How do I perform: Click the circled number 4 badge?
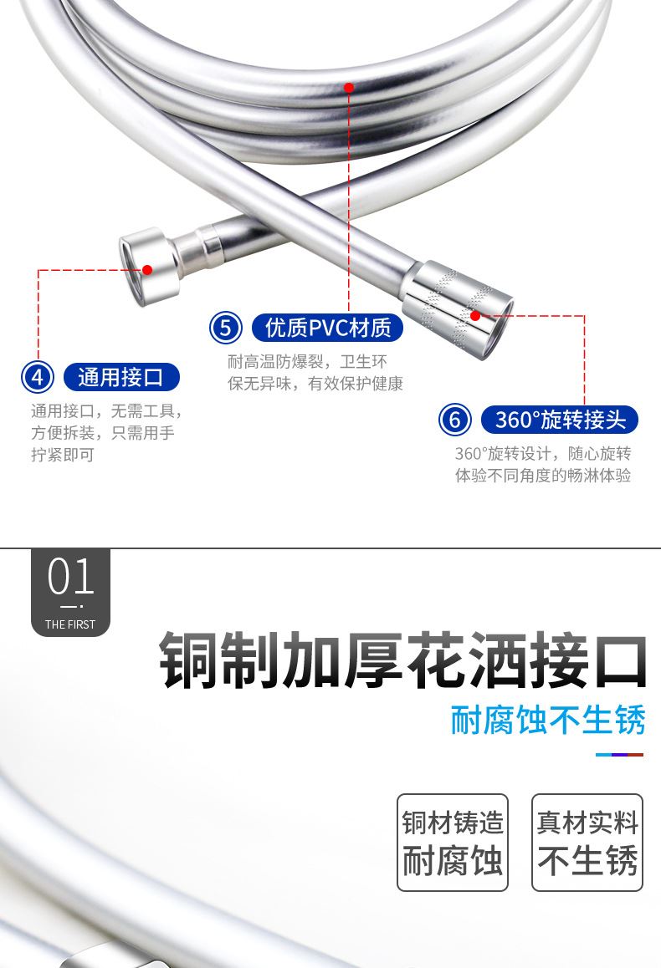38,376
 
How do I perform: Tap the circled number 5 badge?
225,327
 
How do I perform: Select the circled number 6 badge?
455,420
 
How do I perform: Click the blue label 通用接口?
121,376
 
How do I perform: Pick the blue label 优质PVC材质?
327,327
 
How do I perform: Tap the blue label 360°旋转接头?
560,420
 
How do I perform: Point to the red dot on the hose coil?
349,88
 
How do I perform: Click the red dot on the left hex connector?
147,270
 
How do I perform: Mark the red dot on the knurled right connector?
475,316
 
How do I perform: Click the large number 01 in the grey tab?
70,577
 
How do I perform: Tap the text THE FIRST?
70,624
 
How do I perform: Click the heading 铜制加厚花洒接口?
403,660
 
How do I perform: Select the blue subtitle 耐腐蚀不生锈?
548,720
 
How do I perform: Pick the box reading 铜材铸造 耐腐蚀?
452,842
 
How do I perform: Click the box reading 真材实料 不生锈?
587,842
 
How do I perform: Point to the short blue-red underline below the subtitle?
620,754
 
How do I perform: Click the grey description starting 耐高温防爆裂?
315,372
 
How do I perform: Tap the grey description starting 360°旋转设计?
543,464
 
